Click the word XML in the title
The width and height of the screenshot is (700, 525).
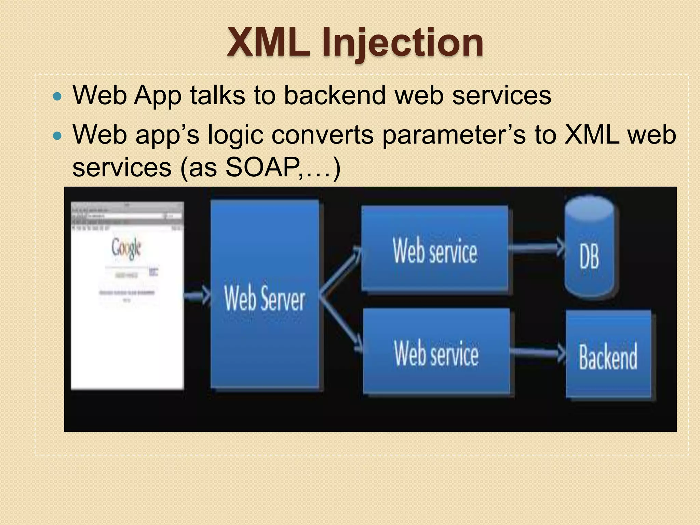268,43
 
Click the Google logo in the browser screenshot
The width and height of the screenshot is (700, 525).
126,248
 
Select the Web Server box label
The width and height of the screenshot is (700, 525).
264,299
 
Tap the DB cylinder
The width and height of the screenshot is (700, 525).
589,248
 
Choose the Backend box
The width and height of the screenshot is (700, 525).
608,355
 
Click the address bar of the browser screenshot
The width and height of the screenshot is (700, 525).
125,216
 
